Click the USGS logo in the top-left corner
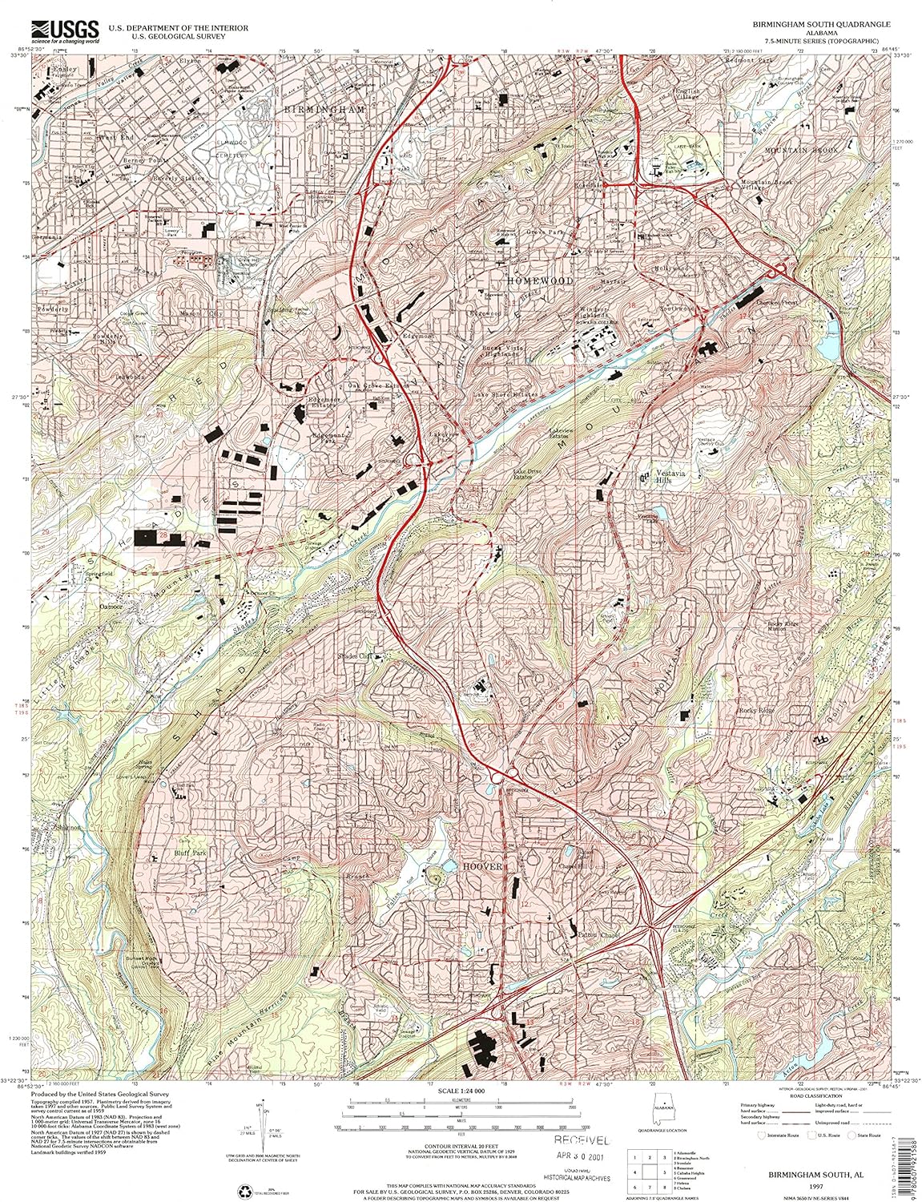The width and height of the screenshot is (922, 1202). [x=64, y=30]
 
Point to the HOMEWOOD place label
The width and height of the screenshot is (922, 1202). [x=541, y=281]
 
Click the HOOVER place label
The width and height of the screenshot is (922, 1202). [x=481, y=867]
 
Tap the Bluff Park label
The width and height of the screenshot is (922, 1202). [x=191, y=853]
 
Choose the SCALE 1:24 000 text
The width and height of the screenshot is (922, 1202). [x=461, y=1091]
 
